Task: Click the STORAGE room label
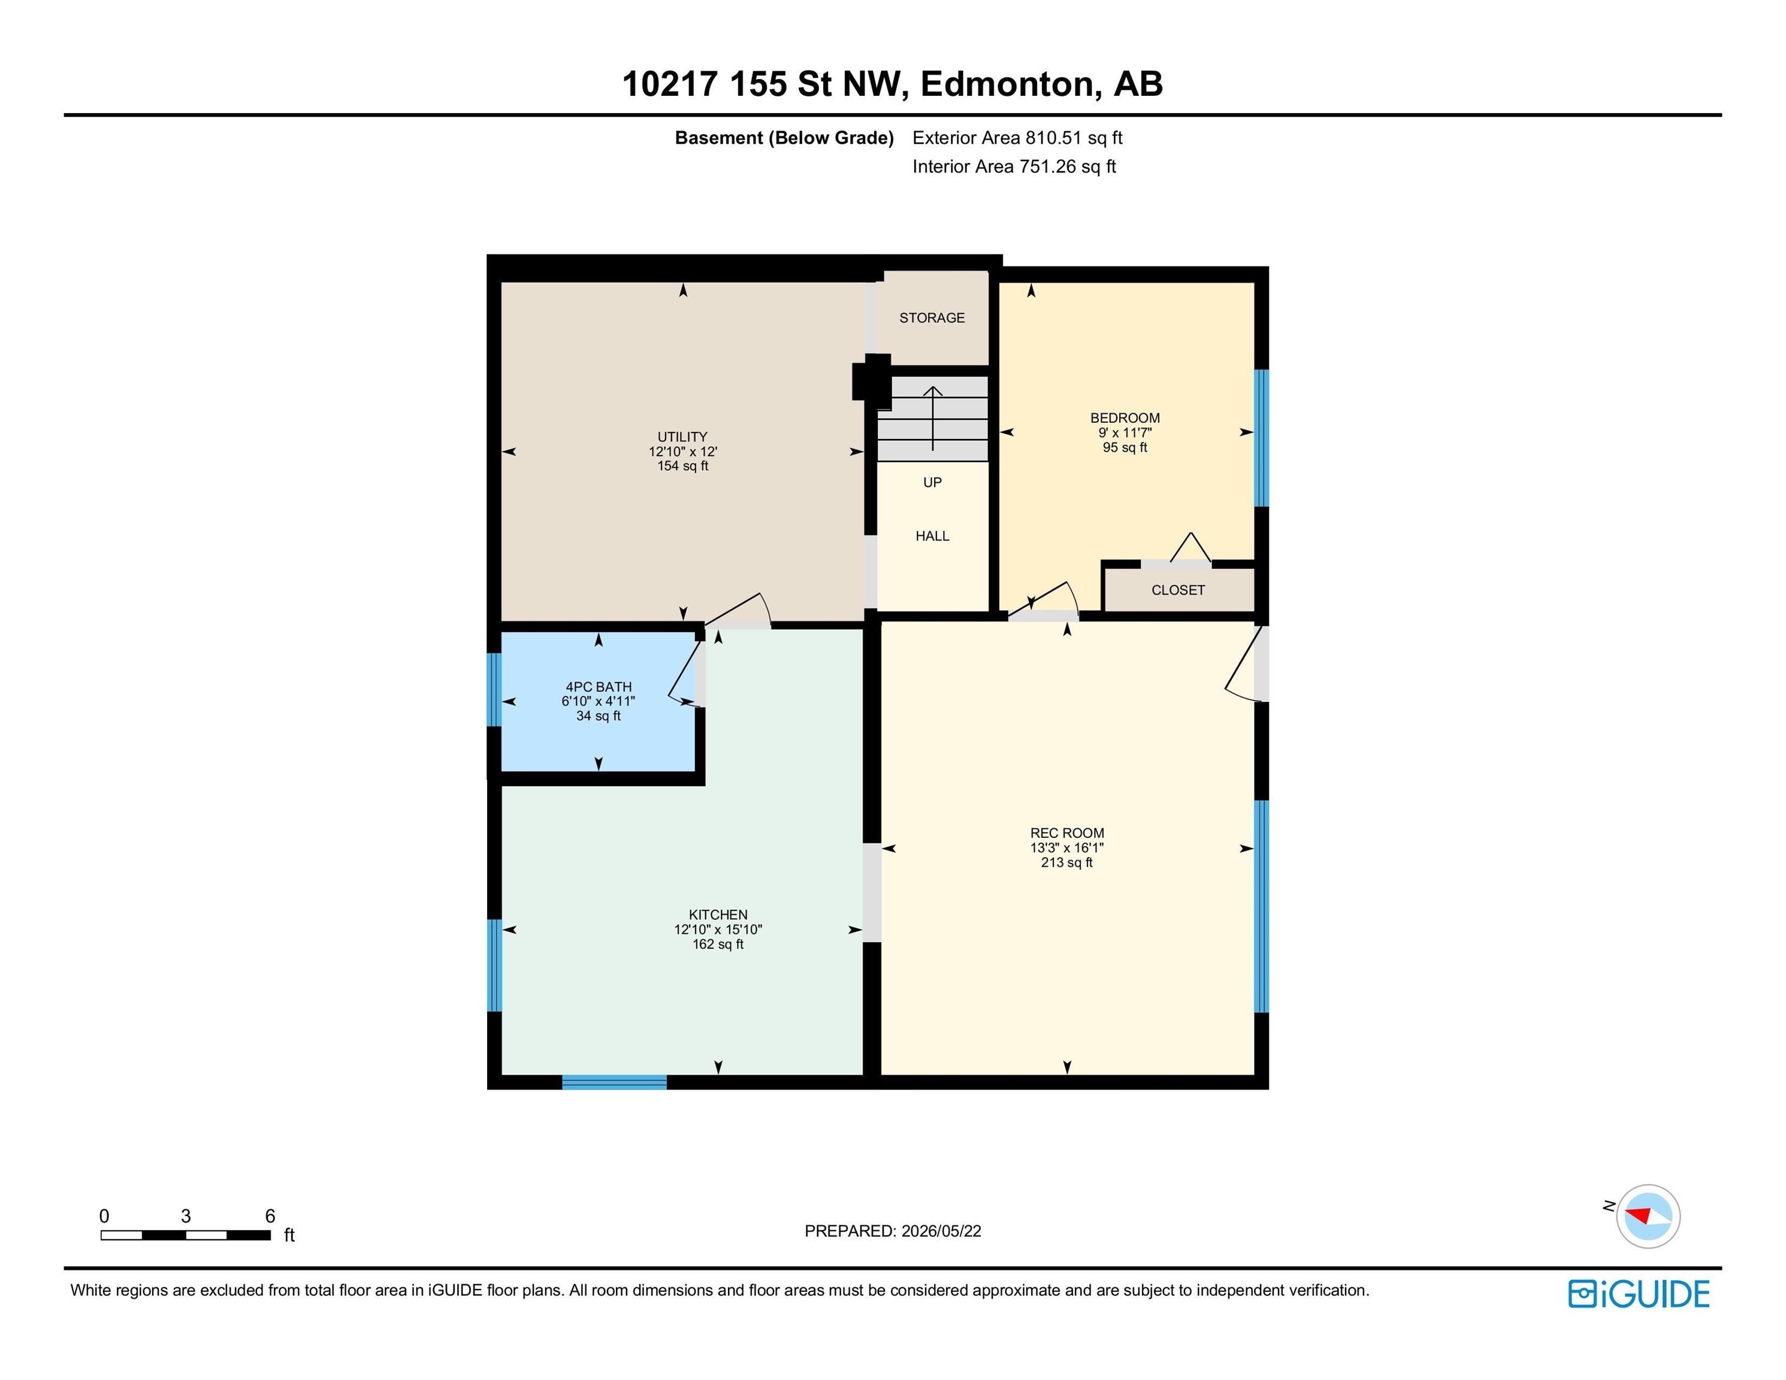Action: point(932,317)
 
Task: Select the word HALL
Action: point(932,535)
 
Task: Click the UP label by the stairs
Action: point(932,482)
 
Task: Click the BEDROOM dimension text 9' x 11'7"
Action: point(1125,432)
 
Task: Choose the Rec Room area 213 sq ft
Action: point(1066,862)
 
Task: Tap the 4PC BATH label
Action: point(599,687)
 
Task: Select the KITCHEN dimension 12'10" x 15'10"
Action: point(718,929)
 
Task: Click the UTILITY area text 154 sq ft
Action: point(683,466)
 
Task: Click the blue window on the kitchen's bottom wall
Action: point(614,1082)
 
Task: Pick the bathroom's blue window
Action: point(494,689)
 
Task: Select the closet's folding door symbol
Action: point(1190,548)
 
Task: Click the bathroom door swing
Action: point(686,672)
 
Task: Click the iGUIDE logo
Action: point(1638,1293)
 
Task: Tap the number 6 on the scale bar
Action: point(270,1216)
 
